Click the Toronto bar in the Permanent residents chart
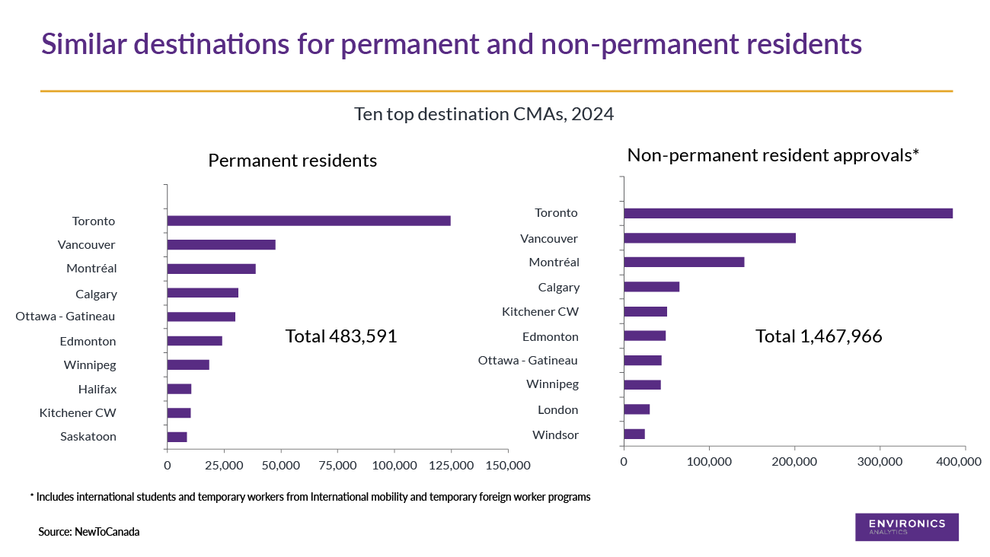(x=308, y=221)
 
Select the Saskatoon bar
(x=177, y=437)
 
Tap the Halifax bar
(x=179, y=389)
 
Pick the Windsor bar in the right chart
(x=634, y=434)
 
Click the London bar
(x=637, y=409)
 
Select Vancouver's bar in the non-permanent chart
(x=709, y=238)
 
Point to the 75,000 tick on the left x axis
(x=337, y=465)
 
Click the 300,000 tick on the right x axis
(x=880, y=461)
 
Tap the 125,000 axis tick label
(x=451, y=465)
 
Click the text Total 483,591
(x=341, y=336)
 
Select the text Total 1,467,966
(x=819, y=336)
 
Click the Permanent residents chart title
(x=292, y=161)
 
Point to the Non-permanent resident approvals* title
(x=773, y=155)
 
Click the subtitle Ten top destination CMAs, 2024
(x=484, y=114)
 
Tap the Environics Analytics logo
(x=906, y=527)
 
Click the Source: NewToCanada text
(x=89, y=532)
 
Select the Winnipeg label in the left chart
(x=90, y=364)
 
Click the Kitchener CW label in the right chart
(x=540, y=311)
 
